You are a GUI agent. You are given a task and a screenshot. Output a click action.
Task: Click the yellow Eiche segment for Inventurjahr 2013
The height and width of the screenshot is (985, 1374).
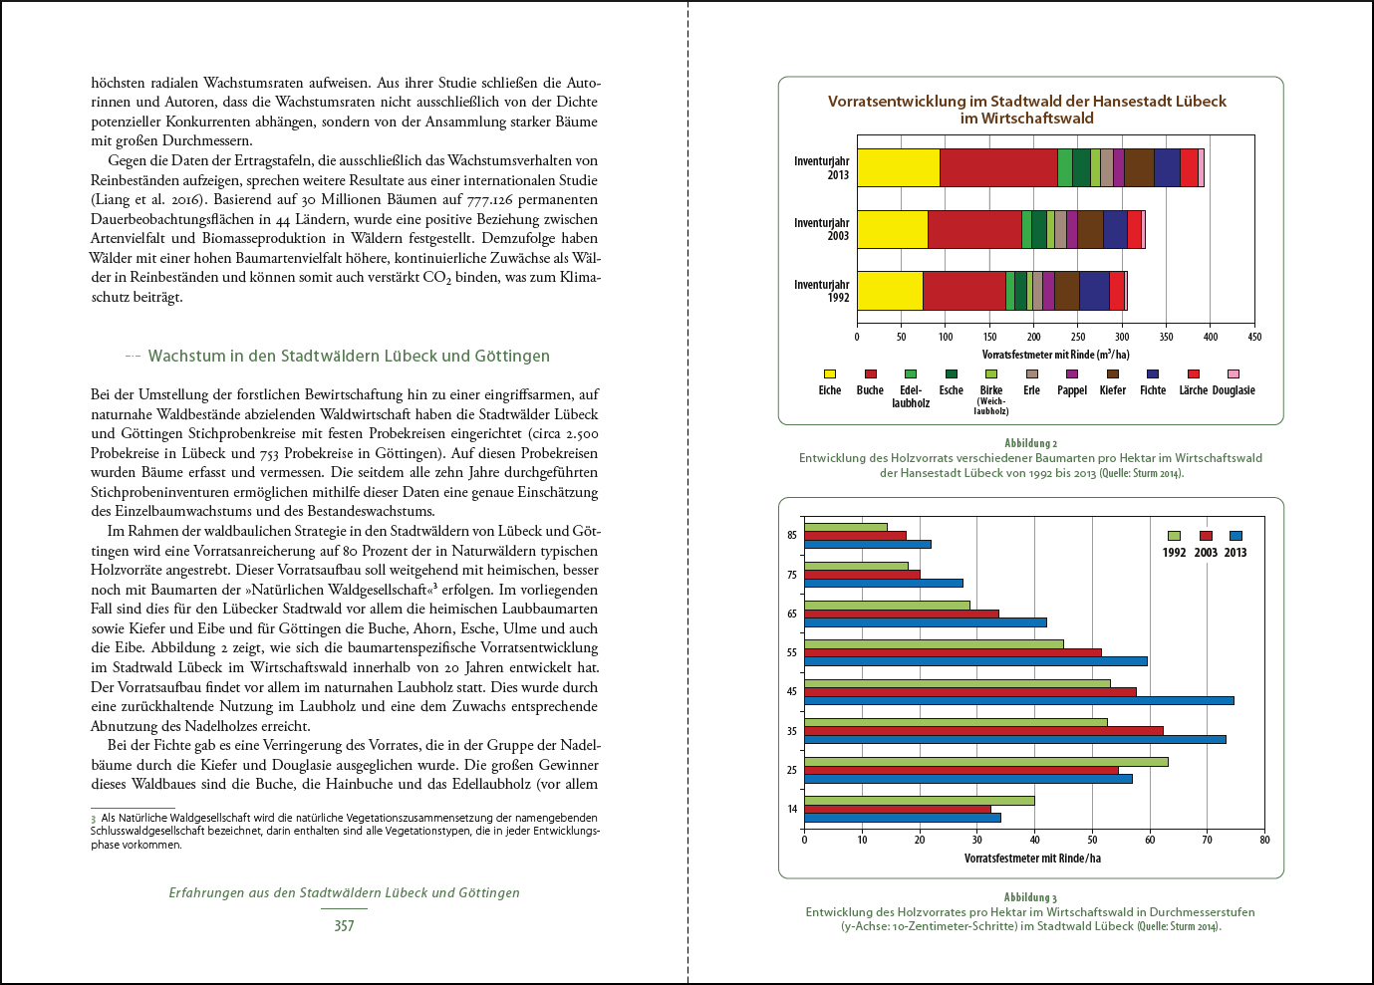[898, 167]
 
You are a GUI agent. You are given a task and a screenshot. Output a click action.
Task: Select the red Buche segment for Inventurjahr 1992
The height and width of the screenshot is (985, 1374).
[963, 291]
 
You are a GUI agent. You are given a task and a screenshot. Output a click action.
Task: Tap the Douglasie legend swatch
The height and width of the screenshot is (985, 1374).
[1234, 374]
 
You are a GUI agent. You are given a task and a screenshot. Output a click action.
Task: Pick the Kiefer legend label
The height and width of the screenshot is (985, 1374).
[1113, 390]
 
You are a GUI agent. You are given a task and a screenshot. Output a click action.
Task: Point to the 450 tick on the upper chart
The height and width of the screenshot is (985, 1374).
[1254, 337]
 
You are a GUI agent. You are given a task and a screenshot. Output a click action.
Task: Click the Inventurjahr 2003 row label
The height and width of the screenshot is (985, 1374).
[822, 229]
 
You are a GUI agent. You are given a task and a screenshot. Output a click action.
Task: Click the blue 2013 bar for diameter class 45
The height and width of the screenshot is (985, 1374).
[1018, 700]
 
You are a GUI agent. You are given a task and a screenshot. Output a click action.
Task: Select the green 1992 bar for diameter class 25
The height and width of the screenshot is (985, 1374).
[985, 762]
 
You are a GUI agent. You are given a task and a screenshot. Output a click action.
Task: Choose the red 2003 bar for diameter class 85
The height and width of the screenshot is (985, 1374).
[855, 536]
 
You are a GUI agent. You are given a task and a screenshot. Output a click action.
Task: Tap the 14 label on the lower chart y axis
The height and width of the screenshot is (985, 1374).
[792, 809]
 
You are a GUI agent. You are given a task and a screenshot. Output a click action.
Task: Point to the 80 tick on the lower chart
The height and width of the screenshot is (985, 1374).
[1264, 840]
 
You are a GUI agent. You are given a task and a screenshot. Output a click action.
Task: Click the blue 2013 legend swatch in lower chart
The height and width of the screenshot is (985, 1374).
[1236, 536]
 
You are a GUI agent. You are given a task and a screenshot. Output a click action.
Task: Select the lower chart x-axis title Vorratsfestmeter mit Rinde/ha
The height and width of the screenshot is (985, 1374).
[1032, 858]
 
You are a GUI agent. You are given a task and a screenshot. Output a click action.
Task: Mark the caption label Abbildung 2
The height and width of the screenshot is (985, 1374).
[1030, 443]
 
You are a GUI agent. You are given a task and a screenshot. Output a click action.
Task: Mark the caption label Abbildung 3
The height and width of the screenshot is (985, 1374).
[1030, 897]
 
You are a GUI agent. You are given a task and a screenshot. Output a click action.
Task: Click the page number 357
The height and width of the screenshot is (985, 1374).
[344, 925]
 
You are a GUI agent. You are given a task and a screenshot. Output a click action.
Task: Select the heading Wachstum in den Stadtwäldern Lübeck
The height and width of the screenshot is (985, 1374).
[349, 356]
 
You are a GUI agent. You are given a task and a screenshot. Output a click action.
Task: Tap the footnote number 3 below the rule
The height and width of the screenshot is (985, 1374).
[94, 819]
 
